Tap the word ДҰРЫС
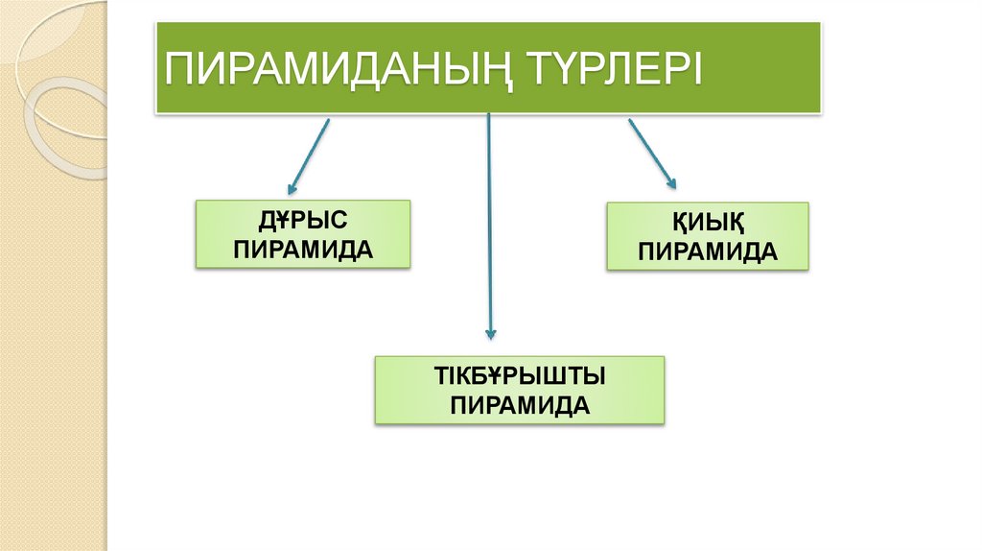coord(303,223)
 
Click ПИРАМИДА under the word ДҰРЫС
coord(303,250)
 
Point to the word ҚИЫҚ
coord(708,225)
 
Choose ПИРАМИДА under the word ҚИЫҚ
coord(708,252)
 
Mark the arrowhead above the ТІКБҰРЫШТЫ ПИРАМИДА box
coord(490,333)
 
